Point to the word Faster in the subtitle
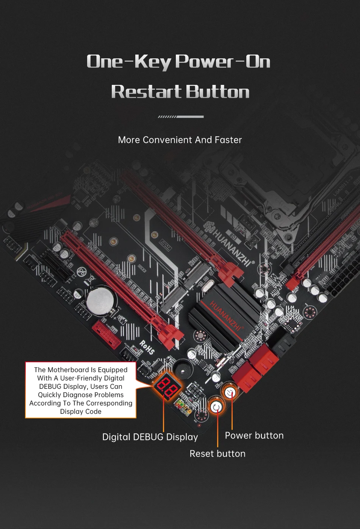tap(228, 140)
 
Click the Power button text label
tap(254, 435)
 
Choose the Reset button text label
tap(217, 454)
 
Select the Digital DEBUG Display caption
tap(150, 437)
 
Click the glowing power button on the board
tap(230, 392)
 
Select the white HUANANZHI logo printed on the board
tap(231, 244)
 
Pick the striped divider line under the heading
tap(180, 117)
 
